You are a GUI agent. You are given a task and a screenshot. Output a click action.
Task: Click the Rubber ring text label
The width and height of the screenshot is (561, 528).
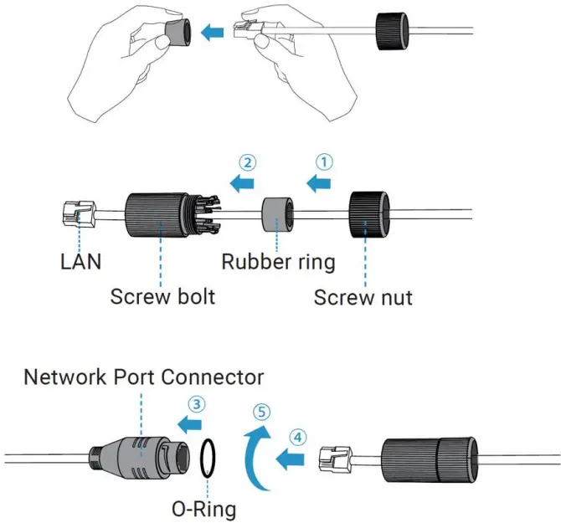pyautogui.click(x=278, y=261)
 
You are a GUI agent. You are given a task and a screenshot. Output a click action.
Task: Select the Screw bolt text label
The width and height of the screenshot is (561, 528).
pyautogui.click(x=163, y=296)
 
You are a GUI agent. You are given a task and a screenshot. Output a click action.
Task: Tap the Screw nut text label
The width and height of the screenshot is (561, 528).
pyautogui.click(x=363, y=297)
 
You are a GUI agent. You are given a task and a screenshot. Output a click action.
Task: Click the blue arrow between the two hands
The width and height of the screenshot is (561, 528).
pyautogui.click(x=215, y=32)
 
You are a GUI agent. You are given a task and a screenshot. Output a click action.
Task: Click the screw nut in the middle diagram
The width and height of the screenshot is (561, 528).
pyautogui.click(x=366, y=214)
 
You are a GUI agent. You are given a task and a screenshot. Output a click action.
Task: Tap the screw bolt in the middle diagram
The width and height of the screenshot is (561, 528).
pyautogui.click(x=156, y=213)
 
